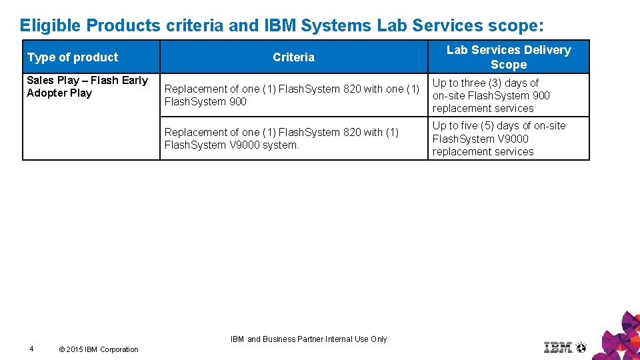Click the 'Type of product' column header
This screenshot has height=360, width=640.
(x=73, y=57)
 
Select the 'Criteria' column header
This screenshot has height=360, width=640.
(x=293, y=57)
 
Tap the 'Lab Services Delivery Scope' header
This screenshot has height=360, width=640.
(x=509, y=57)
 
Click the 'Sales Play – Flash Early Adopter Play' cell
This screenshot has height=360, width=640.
(x=87, y=87)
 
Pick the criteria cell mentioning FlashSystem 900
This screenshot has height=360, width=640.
(x=292, y=95)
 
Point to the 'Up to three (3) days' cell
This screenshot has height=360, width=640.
(x=491, y=95)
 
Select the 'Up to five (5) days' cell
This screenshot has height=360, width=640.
(x=499, y=139)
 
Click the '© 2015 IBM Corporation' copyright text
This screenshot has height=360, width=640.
(x=99, y=349)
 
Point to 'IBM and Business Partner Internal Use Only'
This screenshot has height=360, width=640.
(x=309, y=339)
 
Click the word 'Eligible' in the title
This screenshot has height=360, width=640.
(x=51, y=25)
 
